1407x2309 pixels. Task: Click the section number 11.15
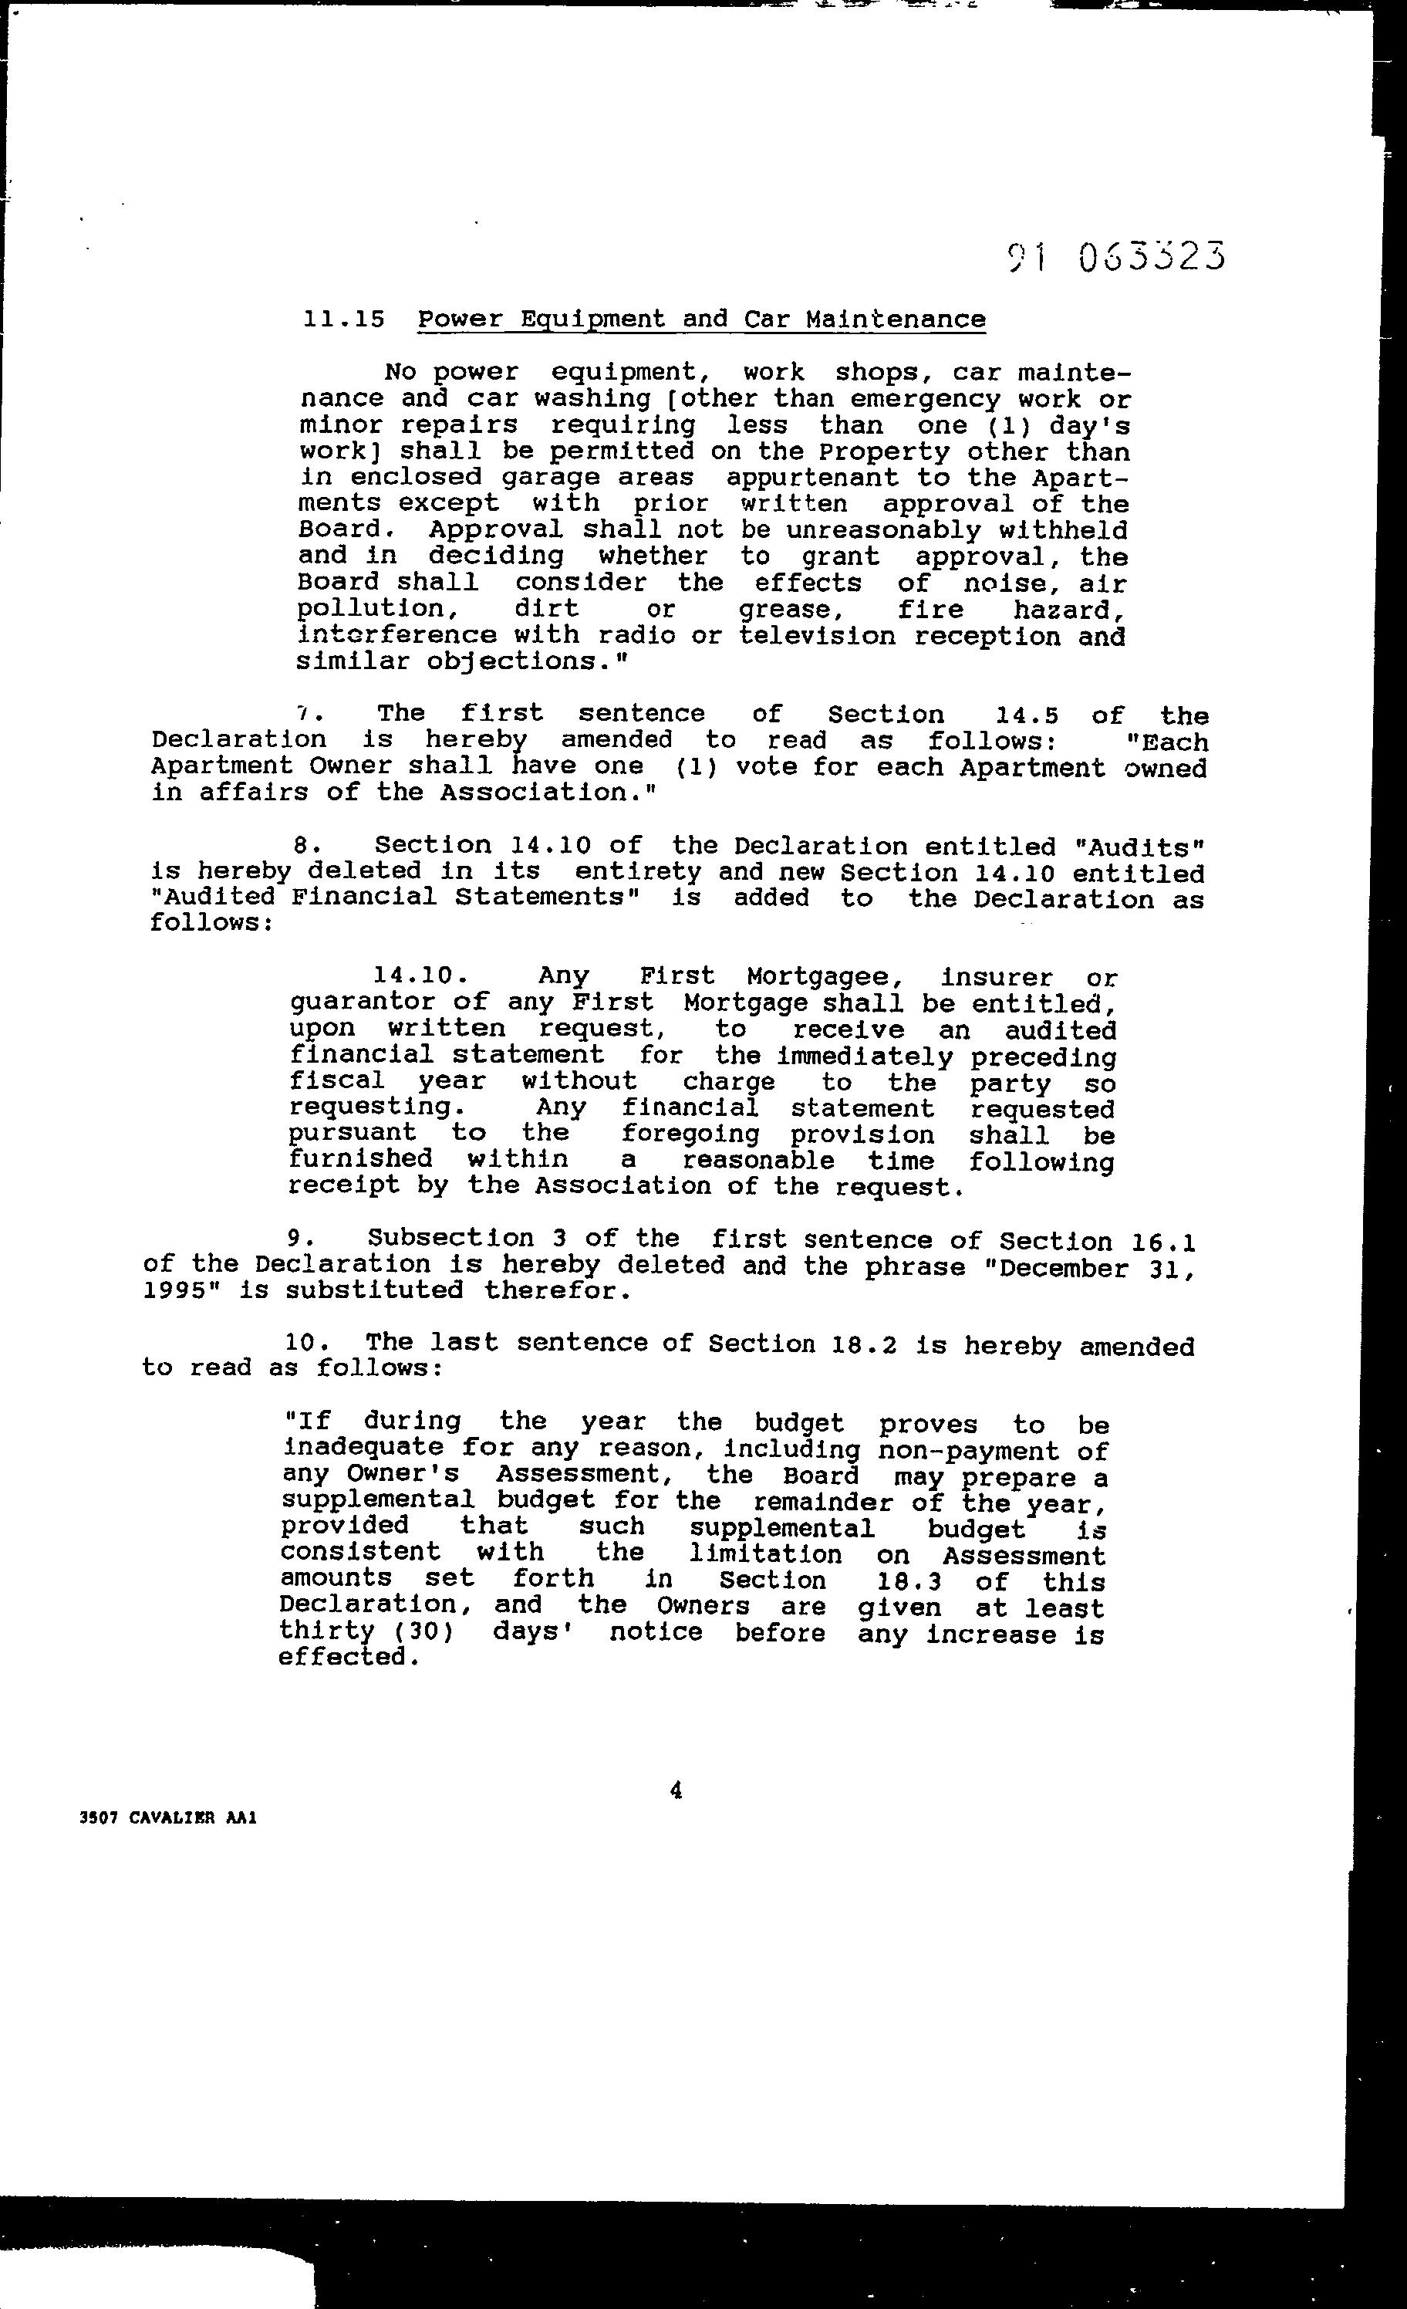[x=344, y=319]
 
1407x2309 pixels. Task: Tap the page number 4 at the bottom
[x=677, y=1790]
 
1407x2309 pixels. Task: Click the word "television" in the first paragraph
[x=818, y=636]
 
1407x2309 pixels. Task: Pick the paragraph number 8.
[x=302, y=846]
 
